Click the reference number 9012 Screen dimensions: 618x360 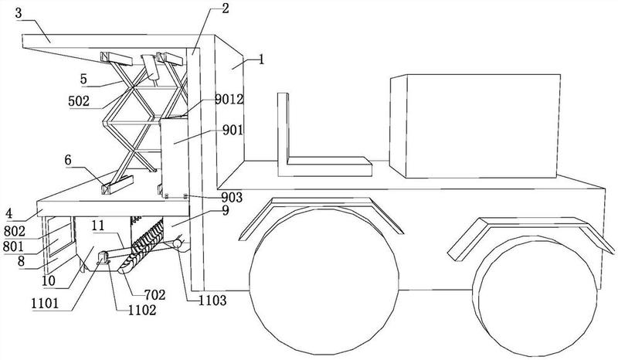[x=229, y=100]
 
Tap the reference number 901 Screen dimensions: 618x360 [x=233, y=130]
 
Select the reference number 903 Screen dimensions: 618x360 [x=231, y=197]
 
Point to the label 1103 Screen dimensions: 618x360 [x=212, y=301]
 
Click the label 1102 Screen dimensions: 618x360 [x=142, y=311]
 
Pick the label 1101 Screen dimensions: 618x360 [x=45, y=304]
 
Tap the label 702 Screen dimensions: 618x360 [x=154, y=294]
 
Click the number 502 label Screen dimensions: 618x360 [x=79, y=101]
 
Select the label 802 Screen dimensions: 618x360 [x=14, y=231]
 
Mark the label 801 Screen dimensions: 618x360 [x=13, y=247]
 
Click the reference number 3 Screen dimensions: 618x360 [x=19, y=12]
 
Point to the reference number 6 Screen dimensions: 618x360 [x=68, y=160]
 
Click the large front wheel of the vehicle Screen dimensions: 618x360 [x=324, y=281]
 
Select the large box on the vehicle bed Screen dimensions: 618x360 [x=475, y=126]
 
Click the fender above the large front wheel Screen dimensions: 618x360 [x=321, y=213]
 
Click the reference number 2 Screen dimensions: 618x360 [x=225, y=9]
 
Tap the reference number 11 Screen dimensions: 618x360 [x=98, y=226]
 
